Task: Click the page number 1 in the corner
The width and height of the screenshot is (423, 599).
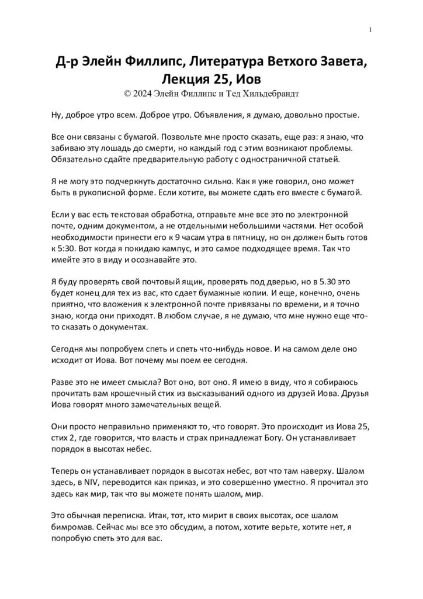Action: click(x=372, y=30)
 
